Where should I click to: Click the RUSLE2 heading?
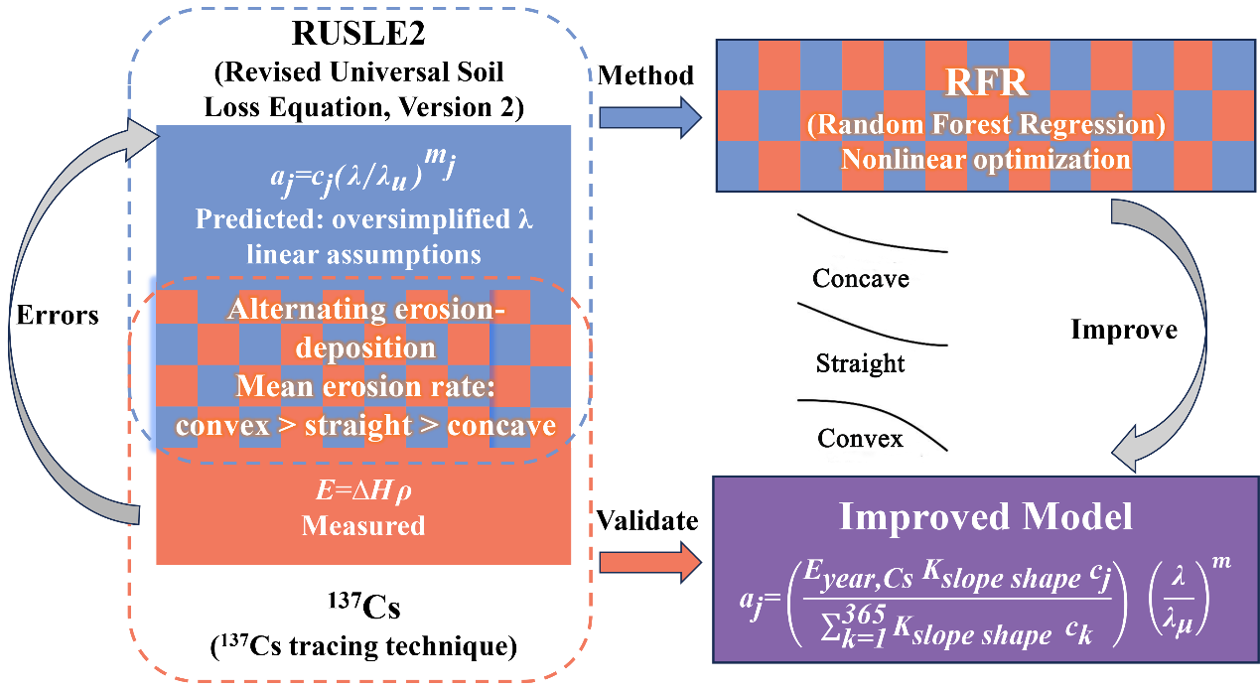pyautogui.click(x=358, y=33)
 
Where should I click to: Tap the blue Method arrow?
pyautogui.click(x=650, y=117)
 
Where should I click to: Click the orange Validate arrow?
pyautogui.click(x=650, y=563)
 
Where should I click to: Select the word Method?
pyautogui.click(x=645, y=75)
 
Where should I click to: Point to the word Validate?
pyautogui.click(x=647, y=520)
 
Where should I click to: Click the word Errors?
pyautogui.click(x=58, y=315)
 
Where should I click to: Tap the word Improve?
pyautogui.click(x=1124, y=330)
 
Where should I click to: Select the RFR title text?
pyautogui.click(x=986, y=82)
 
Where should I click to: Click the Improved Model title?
pyautogui.click(x=986, y=516)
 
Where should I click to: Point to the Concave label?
pyautogui.click(x=861, y=278)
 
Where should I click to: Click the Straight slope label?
pyautogui.click(x=861, y=364)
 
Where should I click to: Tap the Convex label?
pyautogui.click(x=861, y=439)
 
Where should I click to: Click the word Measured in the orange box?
pyautogui.click(x=363, y=526)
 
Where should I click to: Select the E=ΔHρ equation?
pyautogui.click(x=363, y=489)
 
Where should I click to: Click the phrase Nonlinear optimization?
pyautogui.click(x=986, y=160)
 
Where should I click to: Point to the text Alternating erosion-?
pyautogui.click(x=366, y=309)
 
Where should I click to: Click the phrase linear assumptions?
pyautogui.click(x=364, y=254)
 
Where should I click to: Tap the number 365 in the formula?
pyautogui.click(x=865, y=614)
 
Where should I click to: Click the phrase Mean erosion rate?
pyautogui.click(x=365, y=386)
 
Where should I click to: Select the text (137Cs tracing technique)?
pyautogui.click(x=364, y=645)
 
